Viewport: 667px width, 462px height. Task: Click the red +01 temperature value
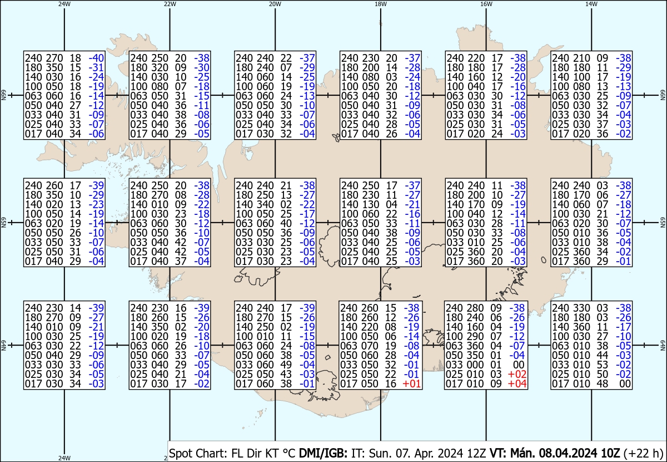pyautogui.click(x=412, y=384)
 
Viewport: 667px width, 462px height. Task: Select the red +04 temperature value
pyautogui.click(x=517, y=384)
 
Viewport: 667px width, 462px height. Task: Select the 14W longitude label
pyautogui.click(x=591, y=4)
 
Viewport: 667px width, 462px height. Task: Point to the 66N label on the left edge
pyautogui.click(x=3, y=96)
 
